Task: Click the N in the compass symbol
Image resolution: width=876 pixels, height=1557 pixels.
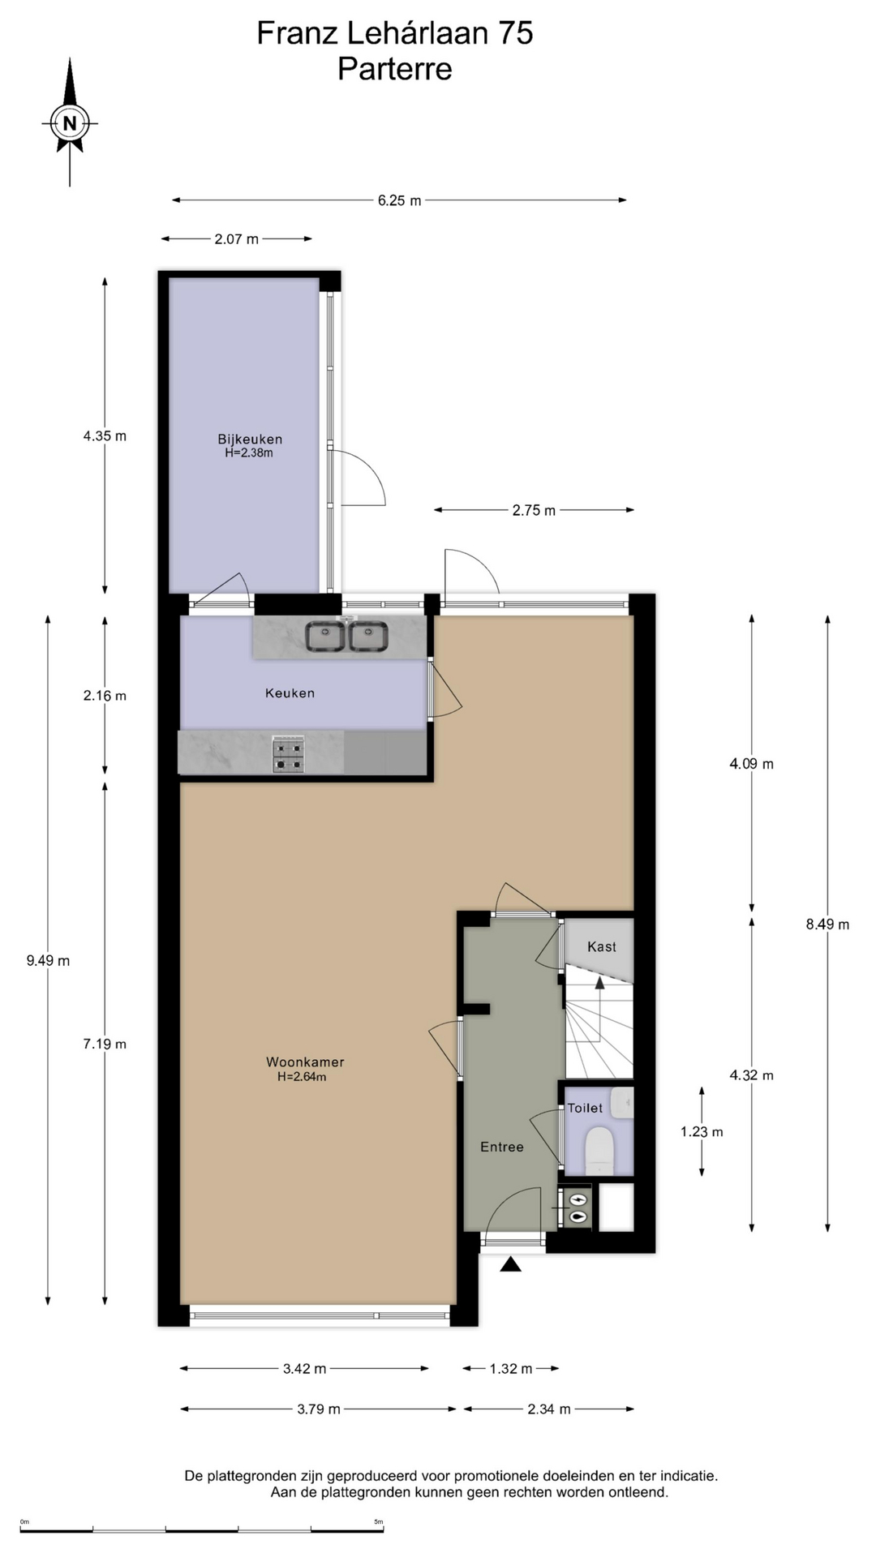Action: (70, 124)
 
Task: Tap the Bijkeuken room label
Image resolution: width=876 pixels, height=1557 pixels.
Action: (250, 440)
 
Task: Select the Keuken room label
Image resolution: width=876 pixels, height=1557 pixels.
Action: (290, 693)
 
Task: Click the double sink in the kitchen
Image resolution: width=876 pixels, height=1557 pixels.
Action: (347, 636)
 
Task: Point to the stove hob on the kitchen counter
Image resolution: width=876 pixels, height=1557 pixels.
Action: (288, 754)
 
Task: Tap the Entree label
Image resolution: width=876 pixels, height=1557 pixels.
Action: (502, 1147)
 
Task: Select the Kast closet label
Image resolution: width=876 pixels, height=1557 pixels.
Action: (602, 946)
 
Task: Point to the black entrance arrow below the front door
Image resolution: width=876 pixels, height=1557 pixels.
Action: (510, 1263)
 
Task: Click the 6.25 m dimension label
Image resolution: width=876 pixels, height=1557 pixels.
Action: (399, 200)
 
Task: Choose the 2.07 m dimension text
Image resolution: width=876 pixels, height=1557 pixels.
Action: (237, 239)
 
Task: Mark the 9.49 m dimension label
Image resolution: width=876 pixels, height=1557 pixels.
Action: (48, 961)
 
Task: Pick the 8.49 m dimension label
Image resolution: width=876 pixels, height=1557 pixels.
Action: (827, 924)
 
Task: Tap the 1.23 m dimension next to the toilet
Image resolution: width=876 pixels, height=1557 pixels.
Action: (702, 1132)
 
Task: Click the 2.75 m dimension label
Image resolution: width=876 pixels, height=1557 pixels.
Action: (534, 511)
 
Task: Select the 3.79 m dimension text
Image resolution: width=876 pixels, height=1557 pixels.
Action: (318, 1409)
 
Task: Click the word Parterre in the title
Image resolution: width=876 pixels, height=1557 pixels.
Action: (395, 69)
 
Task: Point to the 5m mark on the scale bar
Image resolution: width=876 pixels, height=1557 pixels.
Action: (379, 1522)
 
